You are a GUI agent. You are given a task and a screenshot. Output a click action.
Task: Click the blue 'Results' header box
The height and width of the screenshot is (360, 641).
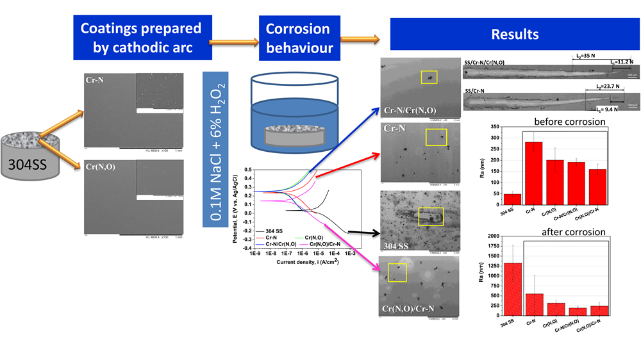[x=514, y=35]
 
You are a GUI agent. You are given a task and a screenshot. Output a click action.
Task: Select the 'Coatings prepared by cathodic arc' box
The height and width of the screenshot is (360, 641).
[x=140, y=38]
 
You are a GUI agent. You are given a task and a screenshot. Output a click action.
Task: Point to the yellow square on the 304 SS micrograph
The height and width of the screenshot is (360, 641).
[x=430, y=217]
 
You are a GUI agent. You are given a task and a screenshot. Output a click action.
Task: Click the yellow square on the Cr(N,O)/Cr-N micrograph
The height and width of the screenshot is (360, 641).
[x=397, y=272]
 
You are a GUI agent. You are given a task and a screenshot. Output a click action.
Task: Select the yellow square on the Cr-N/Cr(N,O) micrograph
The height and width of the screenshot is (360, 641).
[x=429, y=77]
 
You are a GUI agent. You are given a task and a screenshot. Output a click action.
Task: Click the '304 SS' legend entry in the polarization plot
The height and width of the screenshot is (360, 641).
[x=278, y=231]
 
